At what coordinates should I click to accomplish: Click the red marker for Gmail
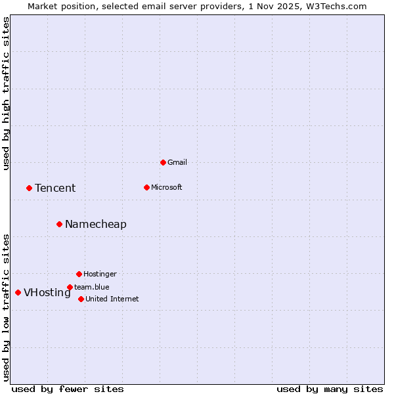click(x=163, y=162)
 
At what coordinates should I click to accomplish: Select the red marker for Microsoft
click(x=146, y=187)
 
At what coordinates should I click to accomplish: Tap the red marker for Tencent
click(x=29, y=188)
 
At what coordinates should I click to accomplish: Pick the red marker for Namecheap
click(x=59, y=224)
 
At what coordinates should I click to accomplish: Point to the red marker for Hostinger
click(x=79, y=274)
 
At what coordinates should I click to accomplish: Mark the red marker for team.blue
click(x=70, y=287)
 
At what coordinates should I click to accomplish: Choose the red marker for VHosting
click(x=18, y=292)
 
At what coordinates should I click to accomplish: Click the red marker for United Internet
click(x=81, y=299)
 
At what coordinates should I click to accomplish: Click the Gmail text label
click(x=177, y=162)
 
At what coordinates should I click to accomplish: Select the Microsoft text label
click(x=167, y=187)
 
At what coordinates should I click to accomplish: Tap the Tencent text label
click(x=55, y=188)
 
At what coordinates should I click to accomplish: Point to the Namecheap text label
click(x=96, y=225)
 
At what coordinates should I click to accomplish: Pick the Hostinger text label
click(x=100, y=274)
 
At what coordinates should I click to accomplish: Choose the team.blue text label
click(x=92, y=287)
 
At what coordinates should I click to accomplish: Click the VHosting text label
click(x=47, y=293)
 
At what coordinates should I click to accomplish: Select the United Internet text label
click(x=112, y=299)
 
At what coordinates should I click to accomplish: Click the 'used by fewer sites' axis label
click(x=68, y=389)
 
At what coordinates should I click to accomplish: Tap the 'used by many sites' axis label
click(x=330, y=389)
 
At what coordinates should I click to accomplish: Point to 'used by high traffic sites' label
click(x=7, y=93)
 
